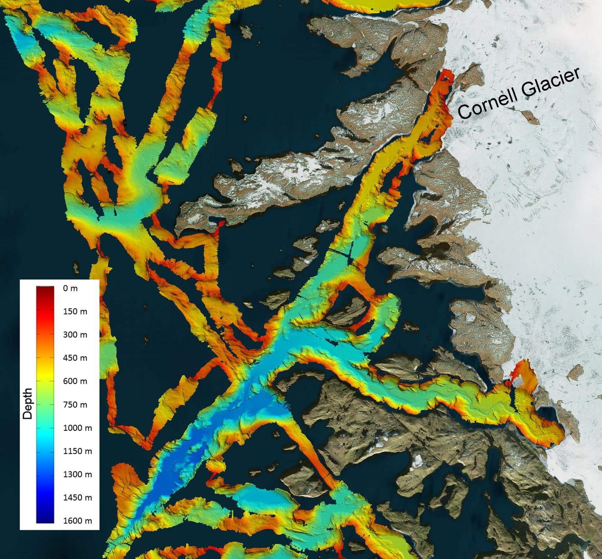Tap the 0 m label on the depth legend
coord(70,288)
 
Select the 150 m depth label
coord(75,311)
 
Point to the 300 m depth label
coord(75,335)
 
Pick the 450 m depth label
coord(75,358)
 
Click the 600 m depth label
coord(75,381)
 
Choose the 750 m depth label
coord(75,404)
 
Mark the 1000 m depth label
coord(77,428)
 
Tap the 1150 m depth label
coord(77,451)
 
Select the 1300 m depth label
coord(77,474)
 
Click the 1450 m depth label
coord(77,498)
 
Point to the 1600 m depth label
coord(77,521)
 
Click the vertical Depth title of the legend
coord(28,404)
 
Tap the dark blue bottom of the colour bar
coord(45,518)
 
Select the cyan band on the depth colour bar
coord(45,434)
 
